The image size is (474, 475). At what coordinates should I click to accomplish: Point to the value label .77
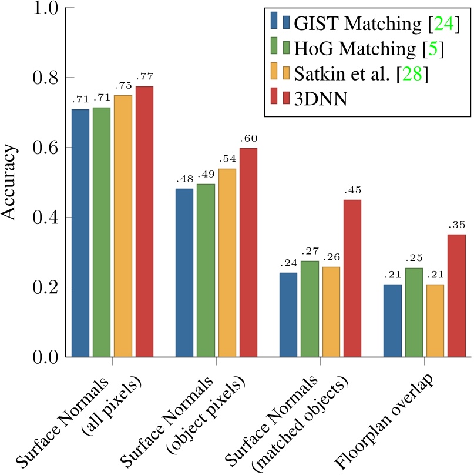pos(144,76)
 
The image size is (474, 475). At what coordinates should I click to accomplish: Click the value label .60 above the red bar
pos(248,138)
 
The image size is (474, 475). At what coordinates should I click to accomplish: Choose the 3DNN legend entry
pos(321,99)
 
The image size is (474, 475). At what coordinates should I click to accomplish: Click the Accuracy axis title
pos(11,183)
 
